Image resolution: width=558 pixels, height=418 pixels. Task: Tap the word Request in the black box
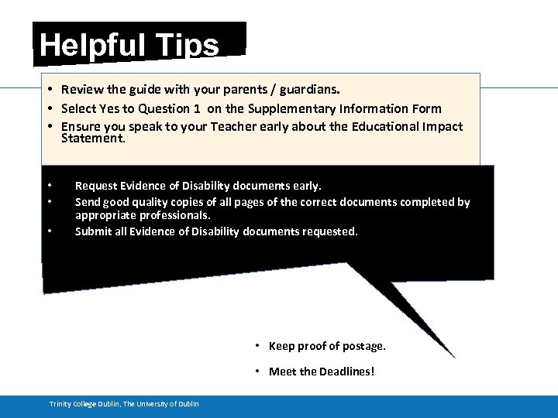[x=96, y=186]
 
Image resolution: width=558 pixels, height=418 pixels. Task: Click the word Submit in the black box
[x=94, y=231]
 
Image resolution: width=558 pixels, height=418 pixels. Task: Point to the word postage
[x=363, y=346]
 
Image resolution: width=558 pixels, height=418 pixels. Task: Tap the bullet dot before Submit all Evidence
[x=49, y=231]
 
